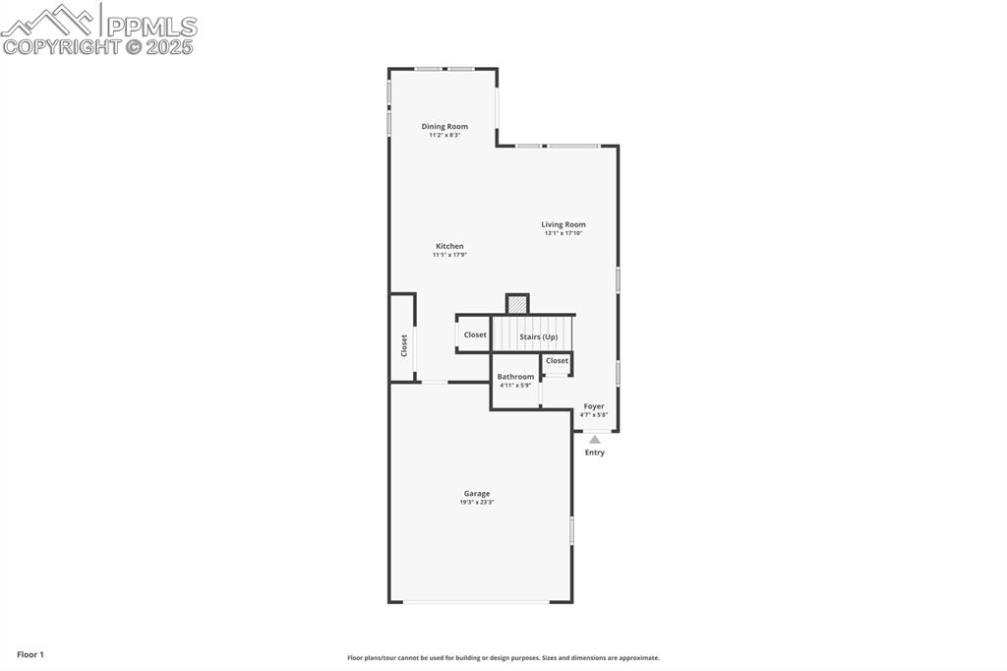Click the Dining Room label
[444, 126]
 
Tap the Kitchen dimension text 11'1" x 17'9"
[449, 255]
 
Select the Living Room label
[563, 224]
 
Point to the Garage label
[477, 494]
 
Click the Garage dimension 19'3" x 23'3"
[477, 503]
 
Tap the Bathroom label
[515, 377]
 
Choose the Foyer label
[594, 406]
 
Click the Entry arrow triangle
[595, 440]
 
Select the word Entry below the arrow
[595, 453]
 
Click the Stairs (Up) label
[538, 336]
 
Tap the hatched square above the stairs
[517, 304]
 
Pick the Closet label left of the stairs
[475, 335]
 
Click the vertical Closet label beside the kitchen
[403, 345]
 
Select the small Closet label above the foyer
[557, 361]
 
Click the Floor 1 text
[30, 654]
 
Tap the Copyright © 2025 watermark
[98, 46]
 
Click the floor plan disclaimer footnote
[503, 658]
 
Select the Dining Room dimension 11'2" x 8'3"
[444, 135]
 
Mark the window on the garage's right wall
[571, 531]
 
